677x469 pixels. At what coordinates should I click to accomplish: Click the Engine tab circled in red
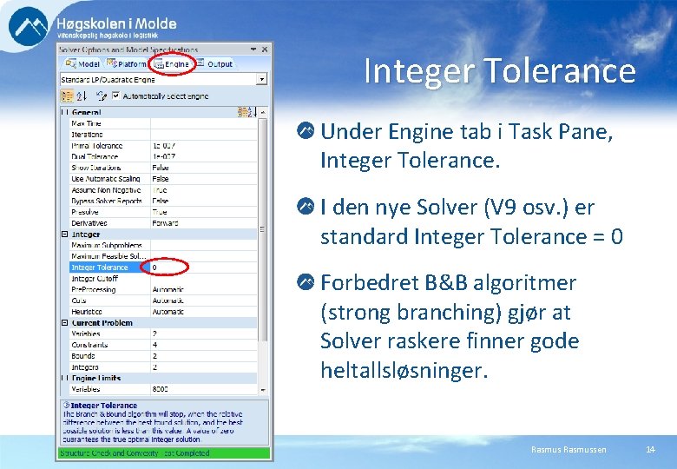click(171, 64)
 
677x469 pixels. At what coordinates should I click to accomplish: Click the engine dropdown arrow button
click(262, 79)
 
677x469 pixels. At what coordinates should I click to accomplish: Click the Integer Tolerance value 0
click(155, 268)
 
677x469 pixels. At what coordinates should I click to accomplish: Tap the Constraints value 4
click(155, 345)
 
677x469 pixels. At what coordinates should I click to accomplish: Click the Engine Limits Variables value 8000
click(161, 389)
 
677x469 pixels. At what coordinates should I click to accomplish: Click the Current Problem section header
click(102, 323)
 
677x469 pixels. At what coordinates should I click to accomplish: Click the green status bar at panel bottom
click(163, 452)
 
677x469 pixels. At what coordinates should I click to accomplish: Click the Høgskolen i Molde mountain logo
click(29, 26)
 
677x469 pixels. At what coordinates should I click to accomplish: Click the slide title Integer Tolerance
click(499, 71)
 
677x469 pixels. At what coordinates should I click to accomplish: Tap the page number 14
click(650, 449)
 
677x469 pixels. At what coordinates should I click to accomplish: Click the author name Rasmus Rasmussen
click(569, 449)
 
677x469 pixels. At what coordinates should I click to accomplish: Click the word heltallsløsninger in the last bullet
click(404, 371)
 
